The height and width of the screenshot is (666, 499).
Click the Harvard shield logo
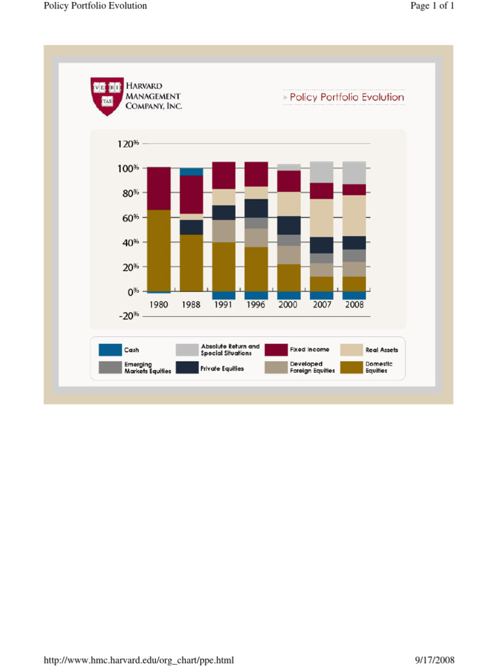107,96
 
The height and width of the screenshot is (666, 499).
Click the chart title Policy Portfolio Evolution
346,98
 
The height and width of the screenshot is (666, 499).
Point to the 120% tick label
128,143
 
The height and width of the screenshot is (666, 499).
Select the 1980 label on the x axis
159,304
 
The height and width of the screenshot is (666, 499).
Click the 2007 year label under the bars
322,304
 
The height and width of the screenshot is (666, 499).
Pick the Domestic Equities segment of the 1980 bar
159,250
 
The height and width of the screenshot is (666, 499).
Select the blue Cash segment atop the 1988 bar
191,172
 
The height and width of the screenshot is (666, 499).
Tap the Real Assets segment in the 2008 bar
354,215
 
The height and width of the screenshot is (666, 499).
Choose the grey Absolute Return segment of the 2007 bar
322,172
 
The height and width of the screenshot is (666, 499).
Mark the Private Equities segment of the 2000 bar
289,225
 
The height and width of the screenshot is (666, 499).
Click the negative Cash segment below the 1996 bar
256,295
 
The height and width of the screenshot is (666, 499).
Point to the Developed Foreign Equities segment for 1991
224,231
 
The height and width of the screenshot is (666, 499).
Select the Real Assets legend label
381,350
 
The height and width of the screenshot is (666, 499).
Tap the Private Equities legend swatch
186,367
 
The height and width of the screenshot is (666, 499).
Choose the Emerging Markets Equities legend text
147,367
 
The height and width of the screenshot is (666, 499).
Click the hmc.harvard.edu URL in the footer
138,661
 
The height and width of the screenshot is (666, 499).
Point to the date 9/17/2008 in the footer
435,661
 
